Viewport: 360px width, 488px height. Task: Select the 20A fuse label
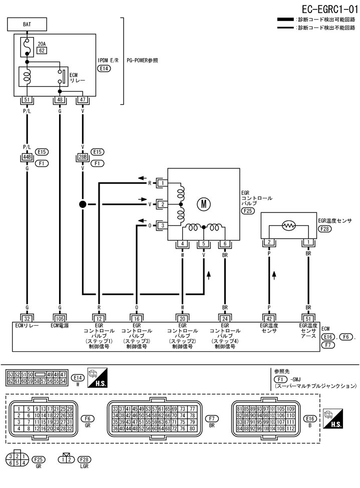tap(42, 44)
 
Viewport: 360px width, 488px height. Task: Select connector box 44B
tap(27, 157)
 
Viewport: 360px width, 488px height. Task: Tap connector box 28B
tap(82, 157)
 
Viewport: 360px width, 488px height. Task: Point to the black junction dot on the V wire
tap(82, 204)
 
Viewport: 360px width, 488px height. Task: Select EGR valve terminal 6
tap(225, 244)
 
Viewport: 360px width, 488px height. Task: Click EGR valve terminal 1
tap(162, 183)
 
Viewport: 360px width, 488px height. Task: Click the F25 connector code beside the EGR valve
tap(247, 211)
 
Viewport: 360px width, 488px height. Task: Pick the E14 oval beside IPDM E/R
tap(104, 68)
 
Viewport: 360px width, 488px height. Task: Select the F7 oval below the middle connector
tap(212, 418)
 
